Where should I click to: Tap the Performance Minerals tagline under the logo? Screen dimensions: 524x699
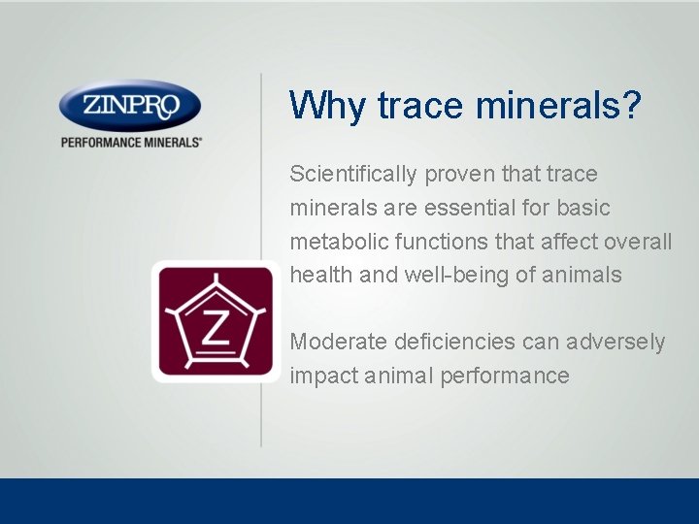tap(131, 142)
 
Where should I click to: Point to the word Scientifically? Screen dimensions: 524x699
tap(352, 175)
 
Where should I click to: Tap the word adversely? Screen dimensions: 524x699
tap(617, 343)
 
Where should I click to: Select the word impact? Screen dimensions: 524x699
tap(321, 377)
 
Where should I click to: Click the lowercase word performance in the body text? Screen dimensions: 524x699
tap(505, 377)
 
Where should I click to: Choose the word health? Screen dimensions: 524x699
tap(320, 276)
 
